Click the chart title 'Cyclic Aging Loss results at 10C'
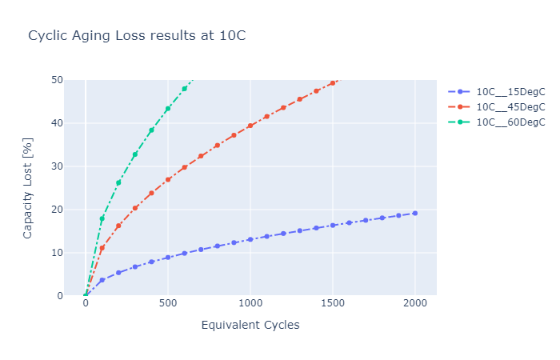point(137,36)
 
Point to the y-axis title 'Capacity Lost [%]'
point(27,188)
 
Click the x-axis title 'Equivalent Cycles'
point(250,325)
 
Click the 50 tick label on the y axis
point(57,80)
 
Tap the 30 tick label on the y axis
point(57,166)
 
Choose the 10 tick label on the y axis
point(57,253)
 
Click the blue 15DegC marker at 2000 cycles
point(414,213)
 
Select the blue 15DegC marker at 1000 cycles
point(250,239)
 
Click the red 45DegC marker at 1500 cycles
point(333,82)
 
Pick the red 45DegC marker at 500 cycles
point(168,179)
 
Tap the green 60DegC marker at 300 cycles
point(135,154)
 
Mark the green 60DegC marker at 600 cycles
point(185,88)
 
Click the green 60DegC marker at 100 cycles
point(102,218)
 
